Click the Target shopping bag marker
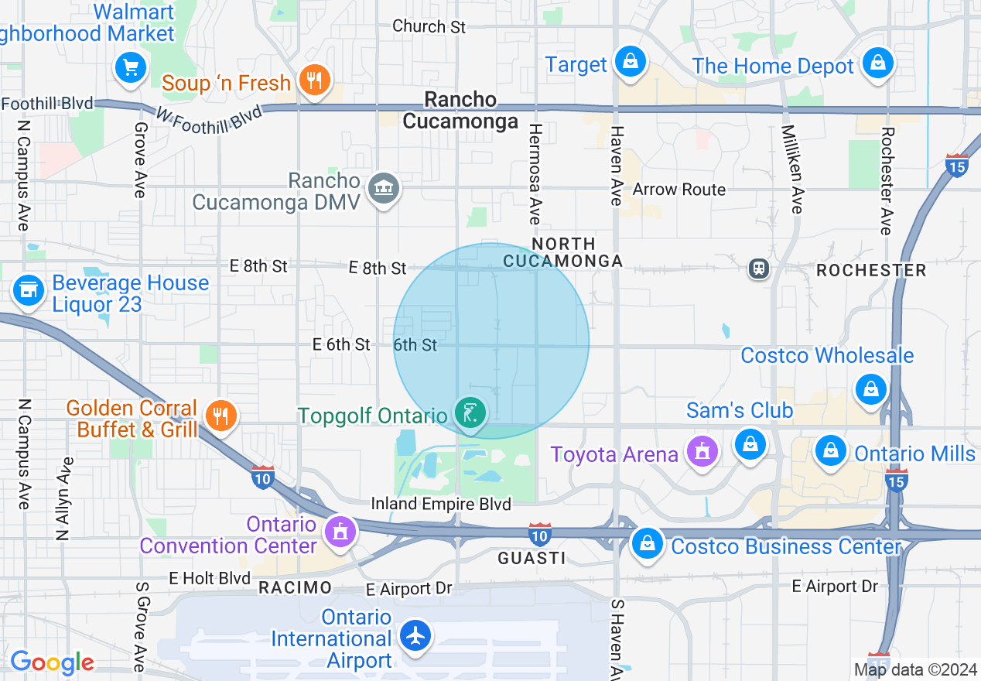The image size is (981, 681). click(631, 62)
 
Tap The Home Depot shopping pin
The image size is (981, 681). click(877, 63)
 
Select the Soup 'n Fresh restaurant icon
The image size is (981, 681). click(313, 80)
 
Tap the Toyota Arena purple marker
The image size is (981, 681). click(702, 451)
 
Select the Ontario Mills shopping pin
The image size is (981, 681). click(831, 450)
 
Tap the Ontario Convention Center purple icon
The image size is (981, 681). click(339, 532)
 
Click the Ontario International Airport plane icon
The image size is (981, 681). click(416, 636)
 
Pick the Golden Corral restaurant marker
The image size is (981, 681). click(221, 416)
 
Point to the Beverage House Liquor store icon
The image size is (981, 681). click(29, 290)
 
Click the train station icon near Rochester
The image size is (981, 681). click(758, 269)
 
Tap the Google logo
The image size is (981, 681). click(52, 662)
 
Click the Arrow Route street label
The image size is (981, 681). click(678, 190)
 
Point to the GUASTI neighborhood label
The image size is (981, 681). click(531, 558)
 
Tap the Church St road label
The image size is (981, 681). click(429, 26)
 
